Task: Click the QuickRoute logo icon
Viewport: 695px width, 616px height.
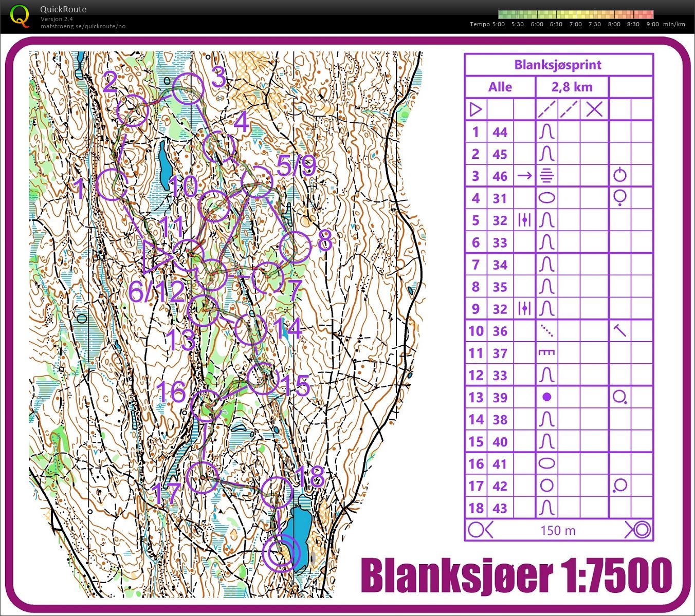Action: (x=20, y=15)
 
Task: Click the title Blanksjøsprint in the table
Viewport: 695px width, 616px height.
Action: (x=558, y=65)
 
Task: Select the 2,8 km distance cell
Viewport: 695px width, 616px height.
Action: (x=572, y=87)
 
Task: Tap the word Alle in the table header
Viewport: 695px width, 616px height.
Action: (x=500, y=87)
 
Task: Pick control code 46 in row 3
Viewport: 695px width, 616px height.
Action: (x=500, y=176)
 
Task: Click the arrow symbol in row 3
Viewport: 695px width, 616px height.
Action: (x=524, y=176)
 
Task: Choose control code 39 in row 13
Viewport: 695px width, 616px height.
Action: (x=500, y=397)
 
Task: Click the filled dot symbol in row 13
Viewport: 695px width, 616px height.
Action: (x=547, y=397)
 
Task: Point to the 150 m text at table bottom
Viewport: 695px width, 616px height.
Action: (x=558, y=530)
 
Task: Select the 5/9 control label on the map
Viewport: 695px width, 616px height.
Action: (x=296, y=165)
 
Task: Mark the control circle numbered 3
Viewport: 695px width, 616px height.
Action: (x=187, y=88)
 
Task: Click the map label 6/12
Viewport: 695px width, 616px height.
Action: (x=156, y=292)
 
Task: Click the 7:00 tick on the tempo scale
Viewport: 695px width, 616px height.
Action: (x=575, y=24)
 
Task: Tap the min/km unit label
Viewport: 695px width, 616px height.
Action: (x=674, y=24)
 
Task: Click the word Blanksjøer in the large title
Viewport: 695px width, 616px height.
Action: (x=455, y=575)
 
